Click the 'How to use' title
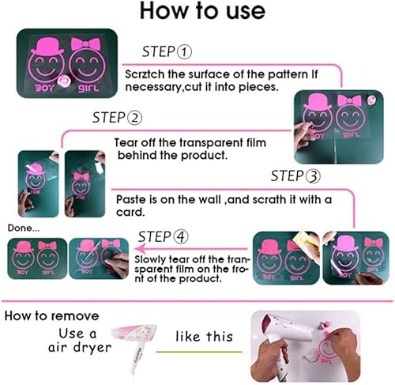[202, 11]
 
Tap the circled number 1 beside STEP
[184, 51]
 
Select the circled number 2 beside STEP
[135, 118]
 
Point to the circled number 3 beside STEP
[313, 176]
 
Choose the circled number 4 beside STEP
[181, 237]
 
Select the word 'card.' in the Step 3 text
[130, 212]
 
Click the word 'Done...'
[24, 228]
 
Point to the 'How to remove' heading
[51, 315]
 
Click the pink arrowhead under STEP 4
[140, 248]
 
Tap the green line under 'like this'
[199, 352]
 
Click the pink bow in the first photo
[86, 43]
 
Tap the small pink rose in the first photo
[64, 81]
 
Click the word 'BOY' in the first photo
[45, 88]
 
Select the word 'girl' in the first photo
[88, 88]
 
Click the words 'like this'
[205, 337]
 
